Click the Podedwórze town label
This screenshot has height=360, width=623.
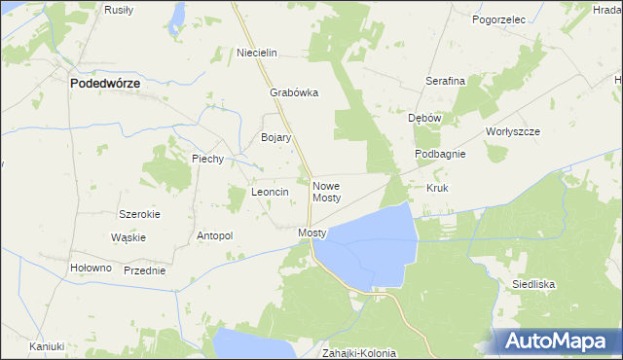[x=105, y=85]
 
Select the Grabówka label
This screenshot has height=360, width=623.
[x=294, y=94]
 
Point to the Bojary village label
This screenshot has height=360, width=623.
[x=275, y=138]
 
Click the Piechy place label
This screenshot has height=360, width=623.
[x=208, y=159]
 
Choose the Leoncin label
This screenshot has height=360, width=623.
[x=270, y=193]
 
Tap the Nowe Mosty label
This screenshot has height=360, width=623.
[x=326, y=191]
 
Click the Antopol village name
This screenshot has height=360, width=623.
[x=215, y=235]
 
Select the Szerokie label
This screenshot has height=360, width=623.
[x=138, y=214]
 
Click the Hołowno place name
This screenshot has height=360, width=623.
[x=92, y=269]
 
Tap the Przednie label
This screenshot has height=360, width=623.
[x=144, y=270]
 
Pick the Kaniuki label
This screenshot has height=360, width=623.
[x=46, y=346]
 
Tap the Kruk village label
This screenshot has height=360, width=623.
[x=436, y=187]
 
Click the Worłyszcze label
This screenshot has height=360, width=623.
[x=512, y=131]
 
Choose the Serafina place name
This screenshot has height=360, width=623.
[x=445, y=82]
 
